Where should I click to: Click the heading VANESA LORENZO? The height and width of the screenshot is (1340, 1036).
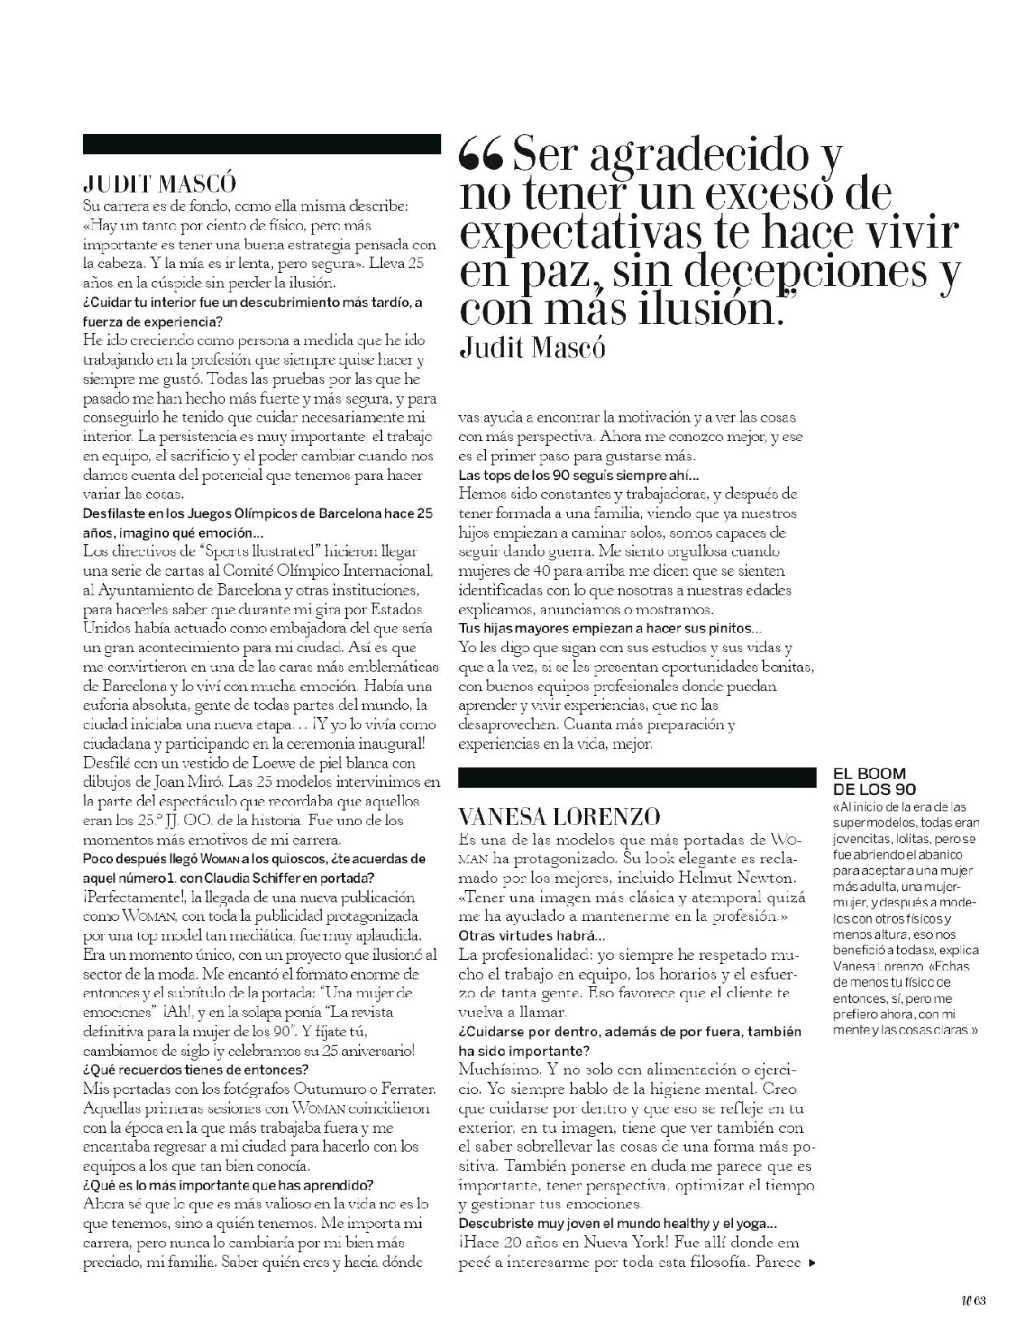click(559, 816)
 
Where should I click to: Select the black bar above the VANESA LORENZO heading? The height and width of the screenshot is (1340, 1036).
click(635, 777)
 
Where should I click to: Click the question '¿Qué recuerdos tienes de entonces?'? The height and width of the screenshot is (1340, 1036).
click(196, 1069)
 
